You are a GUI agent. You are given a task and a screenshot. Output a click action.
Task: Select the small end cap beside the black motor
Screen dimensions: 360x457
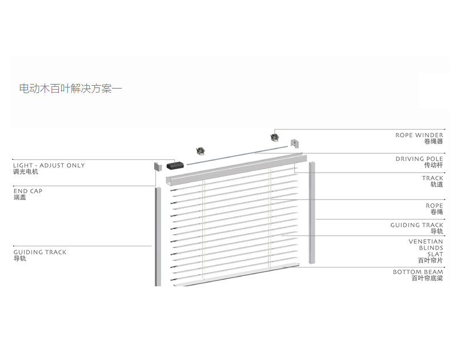click(157, 167)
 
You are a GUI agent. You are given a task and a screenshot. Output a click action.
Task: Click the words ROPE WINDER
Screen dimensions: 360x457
click(419, 135)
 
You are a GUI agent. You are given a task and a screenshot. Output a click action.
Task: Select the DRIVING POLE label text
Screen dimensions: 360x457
click(419, 159)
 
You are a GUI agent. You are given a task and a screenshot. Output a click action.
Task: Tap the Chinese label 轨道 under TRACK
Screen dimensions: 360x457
click(436, 185)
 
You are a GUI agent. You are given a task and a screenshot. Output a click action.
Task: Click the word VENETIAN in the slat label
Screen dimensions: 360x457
click(426, 242)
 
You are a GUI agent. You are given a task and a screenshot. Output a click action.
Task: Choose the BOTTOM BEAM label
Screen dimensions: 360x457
click(418, 272)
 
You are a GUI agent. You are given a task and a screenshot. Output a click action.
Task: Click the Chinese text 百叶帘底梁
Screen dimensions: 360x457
click(427, 278)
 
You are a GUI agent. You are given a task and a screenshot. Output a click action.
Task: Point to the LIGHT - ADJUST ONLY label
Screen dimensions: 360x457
click(49, 165)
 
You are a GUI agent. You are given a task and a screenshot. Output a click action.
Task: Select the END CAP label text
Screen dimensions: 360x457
click(28, 191)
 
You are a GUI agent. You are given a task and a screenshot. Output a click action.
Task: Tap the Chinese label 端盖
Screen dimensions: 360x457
click(19, 198)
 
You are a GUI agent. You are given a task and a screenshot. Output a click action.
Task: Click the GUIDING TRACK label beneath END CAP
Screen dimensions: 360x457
click(39, 252)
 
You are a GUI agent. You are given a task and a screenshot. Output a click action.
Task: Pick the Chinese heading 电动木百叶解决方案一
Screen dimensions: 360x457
click(70, 89)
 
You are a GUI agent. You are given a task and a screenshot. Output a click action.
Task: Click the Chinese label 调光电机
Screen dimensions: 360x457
click(26, 171)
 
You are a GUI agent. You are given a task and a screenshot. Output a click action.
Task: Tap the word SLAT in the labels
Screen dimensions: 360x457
click(435, 254)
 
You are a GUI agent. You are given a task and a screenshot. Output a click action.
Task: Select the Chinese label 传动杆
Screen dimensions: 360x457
click(433, 165)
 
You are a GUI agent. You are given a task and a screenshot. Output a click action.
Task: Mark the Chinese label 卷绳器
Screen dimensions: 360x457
click(433, 142)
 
